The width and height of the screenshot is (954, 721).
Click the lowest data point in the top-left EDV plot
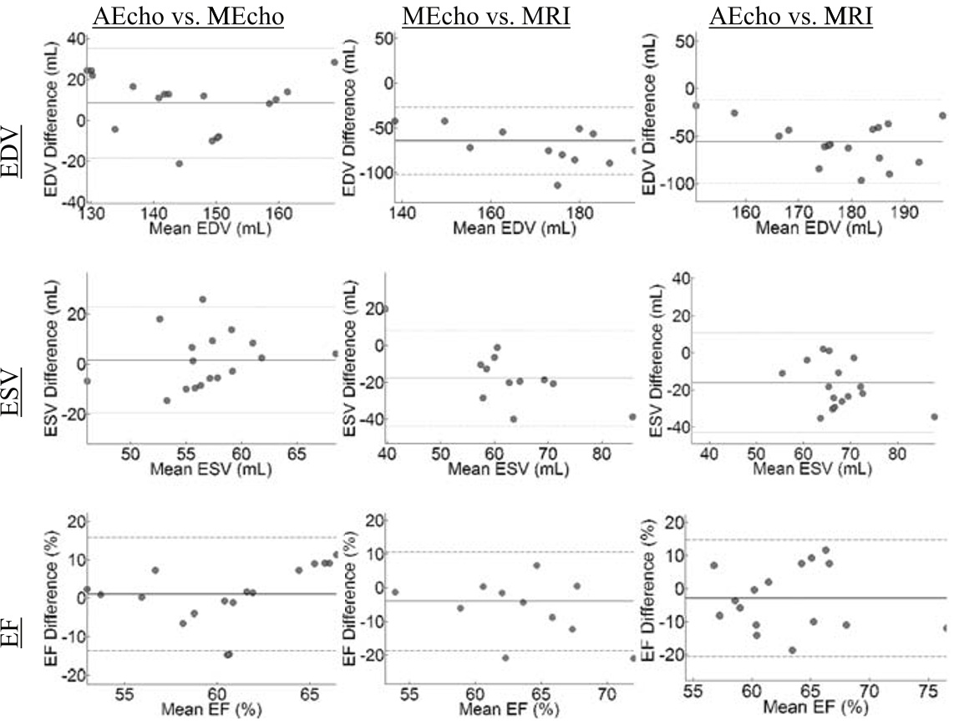(179, 164)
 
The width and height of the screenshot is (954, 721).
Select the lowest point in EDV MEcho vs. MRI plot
(557, 185)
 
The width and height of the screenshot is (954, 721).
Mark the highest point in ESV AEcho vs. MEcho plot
(202, 299)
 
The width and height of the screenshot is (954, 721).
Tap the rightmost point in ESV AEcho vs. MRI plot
(934, 417)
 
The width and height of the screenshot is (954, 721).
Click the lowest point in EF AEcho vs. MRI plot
(792, 650)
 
